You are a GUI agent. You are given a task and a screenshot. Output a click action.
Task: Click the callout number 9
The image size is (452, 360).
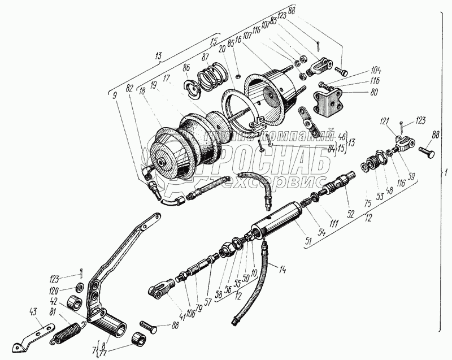click(116, 94)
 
